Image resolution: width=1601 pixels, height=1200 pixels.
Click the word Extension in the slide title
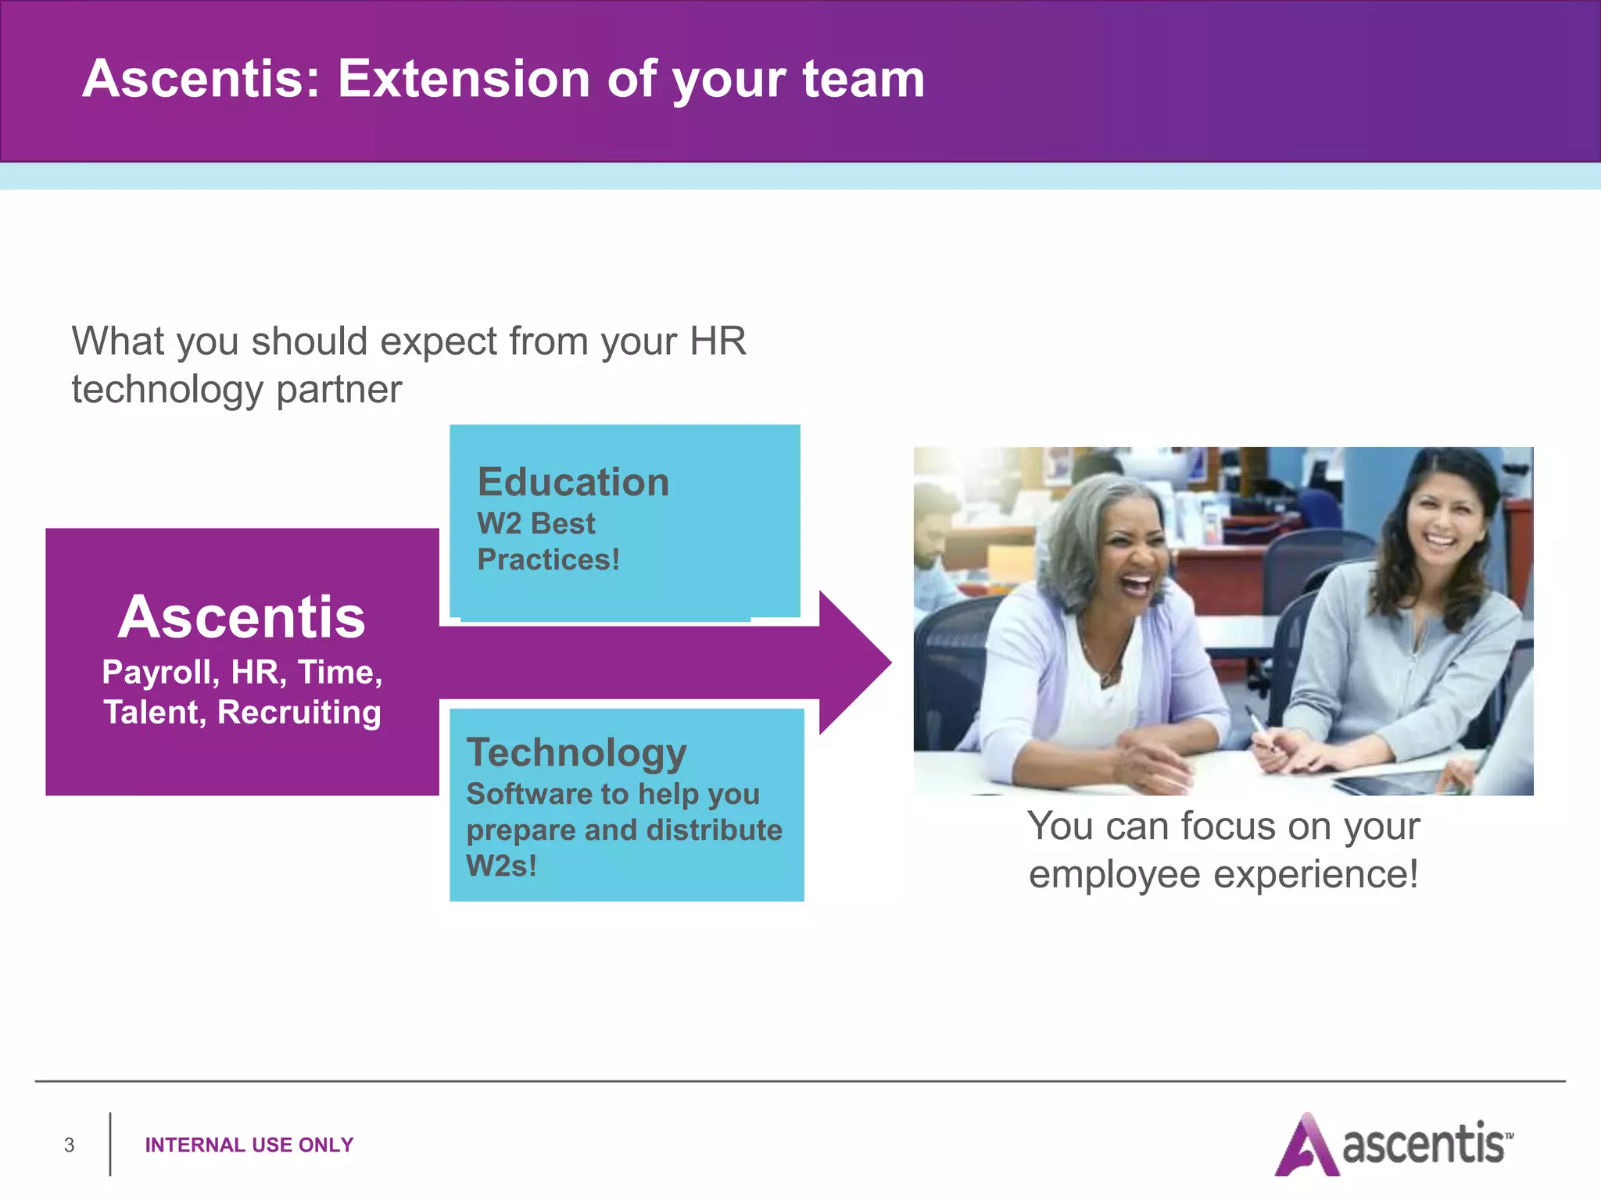[x=463, y=79]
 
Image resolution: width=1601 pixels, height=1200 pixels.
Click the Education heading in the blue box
[x=573, y=482]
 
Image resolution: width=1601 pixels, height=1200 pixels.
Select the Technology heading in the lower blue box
[x=576, y=752]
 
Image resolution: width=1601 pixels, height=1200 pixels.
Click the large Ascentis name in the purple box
[x=242, y=617]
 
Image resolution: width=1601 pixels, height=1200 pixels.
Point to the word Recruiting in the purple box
[x=299, y=712]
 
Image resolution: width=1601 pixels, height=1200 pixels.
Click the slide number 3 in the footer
[x=69, y=1145]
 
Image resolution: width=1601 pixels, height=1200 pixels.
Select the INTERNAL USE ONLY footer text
[x=249, y=1145]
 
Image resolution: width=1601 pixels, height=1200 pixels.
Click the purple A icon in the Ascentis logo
[x=1305, y=1146]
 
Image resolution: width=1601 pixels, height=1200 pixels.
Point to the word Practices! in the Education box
[x=548, y=560]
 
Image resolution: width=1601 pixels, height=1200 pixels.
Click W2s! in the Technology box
[x=501, y=866]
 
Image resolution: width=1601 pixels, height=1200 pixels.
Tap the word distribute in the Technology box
[x=714, y=830]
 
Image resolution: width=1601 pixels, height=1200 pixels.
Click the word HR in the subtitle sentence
[x=717, y=341]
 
